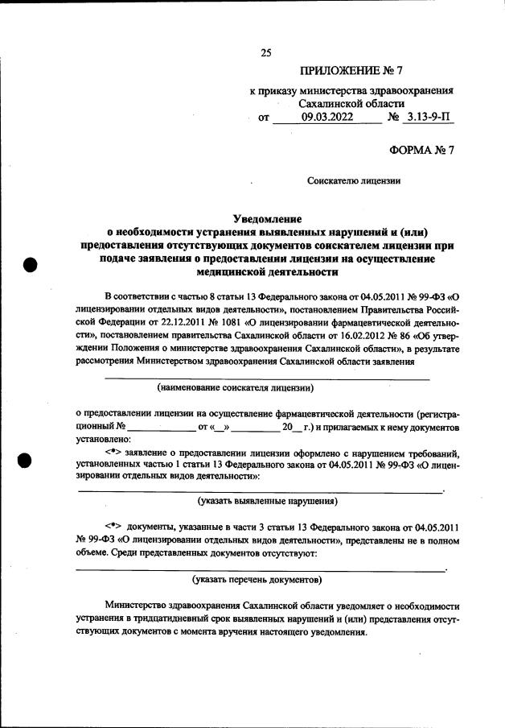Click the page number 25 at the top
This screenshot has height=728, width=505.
point(266,53)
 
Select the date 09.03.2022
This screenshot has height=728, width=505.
point(327,117)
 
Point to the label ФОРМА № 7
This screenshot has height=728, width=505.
point(421,150)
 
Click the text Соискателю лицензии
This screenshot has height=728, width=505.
point(354,181)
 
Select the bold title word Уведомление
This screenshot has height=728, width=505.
point(266,218)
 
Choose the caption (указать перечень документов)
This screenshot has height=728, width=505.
point(257,579)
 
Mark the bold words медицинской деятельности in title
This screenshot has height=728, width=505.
point(266,272)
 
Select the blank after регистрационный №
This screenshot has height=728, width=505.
point(161,426)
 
